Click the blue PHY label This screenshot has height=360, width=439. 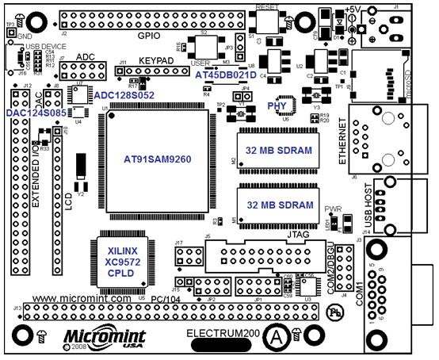pyautogui.click(x=277, y=103)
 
